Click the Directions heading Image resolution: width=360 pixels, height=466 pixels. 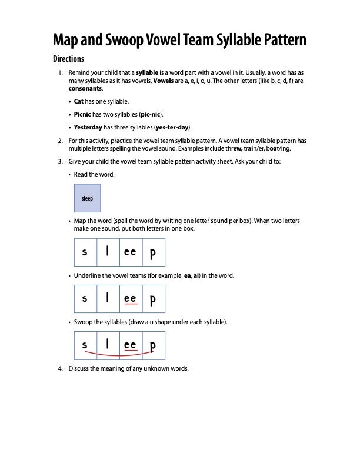(x=68, y=59)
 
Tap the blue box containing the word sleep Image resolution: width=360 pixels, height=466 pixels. (x=87, y=198)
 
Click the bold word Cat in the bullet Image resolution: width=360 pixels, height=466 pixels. (x=79, y=102)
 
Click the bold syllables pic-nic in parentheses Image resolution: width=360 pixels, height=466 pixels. (x=151, y=114)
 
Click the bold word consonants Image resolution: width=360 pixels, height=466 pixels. (x=85, y=88)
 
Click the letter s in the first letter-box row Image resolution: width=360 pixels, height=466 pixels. (x=85, y=252)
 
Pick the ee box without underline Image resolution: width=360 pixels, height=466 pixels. (x=130, y=252)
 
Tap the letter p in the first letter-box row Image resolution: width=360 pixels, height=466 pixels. (x=153, y=252)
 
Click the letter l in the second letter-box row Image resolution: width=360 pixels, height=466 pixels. (x=107, y=298)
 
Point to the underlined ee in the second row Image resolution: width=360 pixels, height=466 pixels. (x=130, y=299)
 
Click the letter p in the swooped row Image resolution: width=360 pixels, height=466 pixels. (x=153, y=346)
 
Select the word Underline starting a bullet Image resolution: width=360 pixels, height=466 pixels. (x=88, y=275)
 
